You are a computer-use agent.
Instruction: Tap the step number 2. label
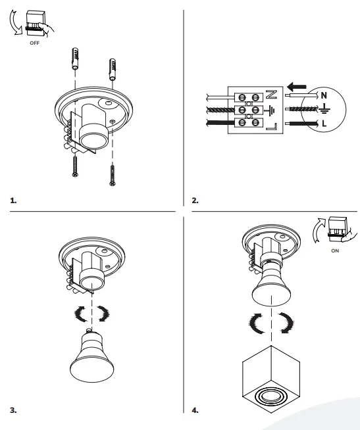point(195,199)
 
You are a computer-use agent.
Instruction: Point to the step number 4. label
point(195,410)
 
